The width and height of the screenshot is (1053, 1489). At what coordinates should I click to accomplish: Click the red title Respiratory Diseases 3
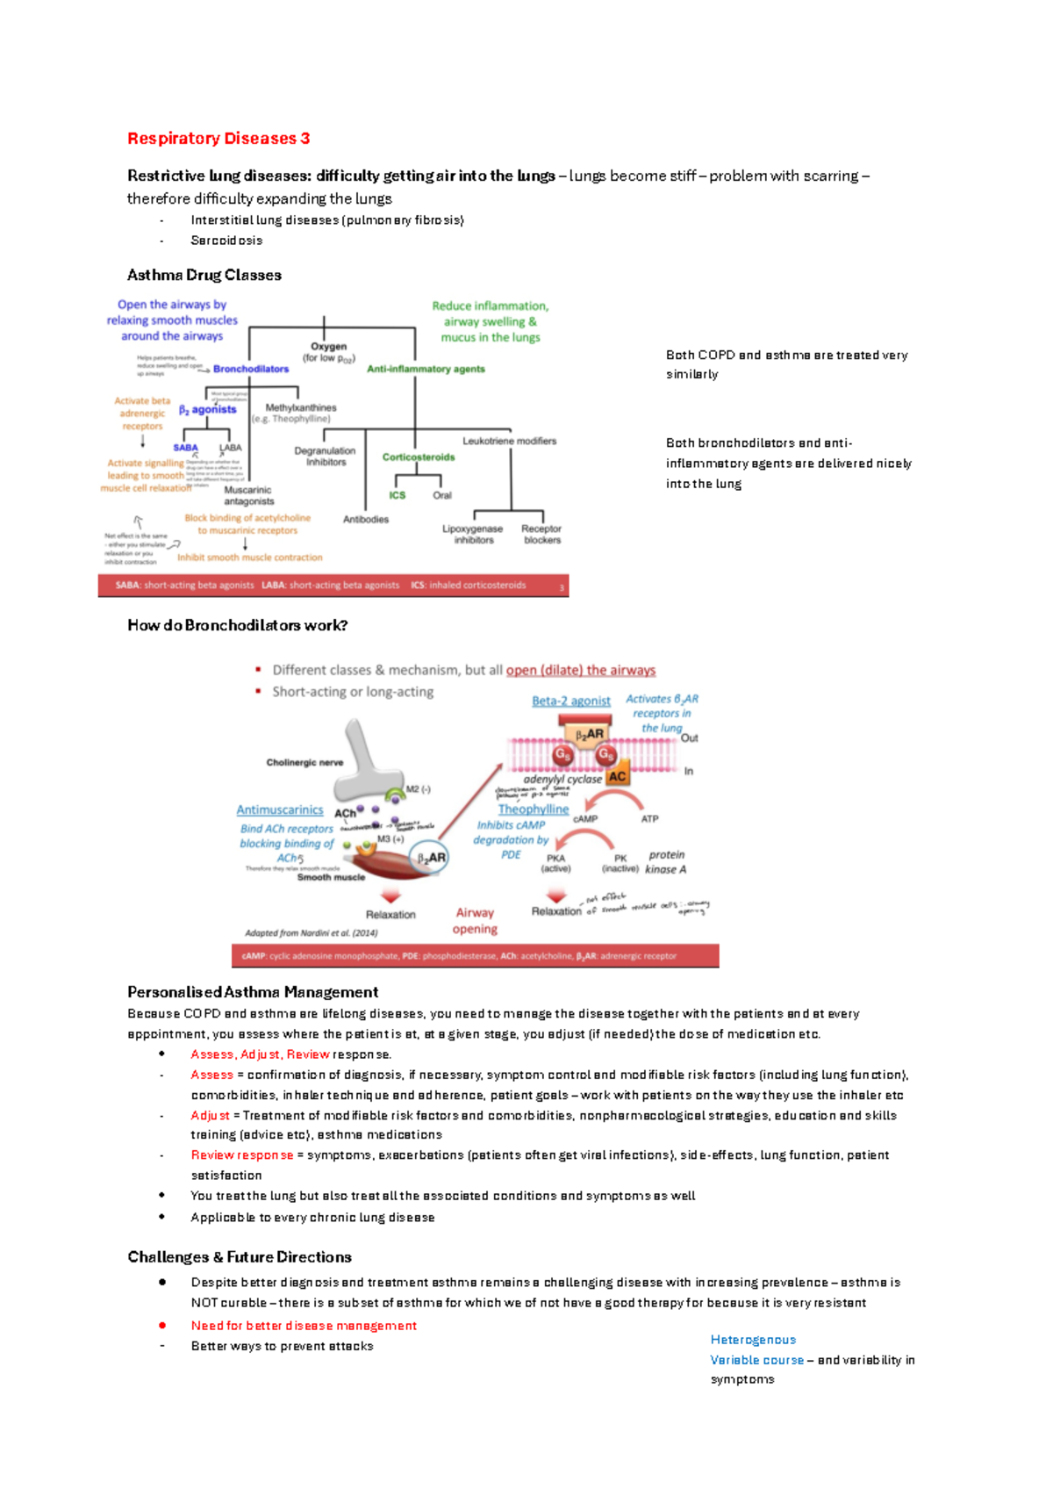tap(218, 139)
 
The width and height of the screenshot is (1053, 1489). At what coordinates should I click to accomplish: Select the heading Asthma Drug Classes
tap(204, 275)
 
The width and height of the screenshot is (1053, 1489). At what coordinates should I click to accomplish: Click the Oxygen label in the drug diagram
tap(328, 347)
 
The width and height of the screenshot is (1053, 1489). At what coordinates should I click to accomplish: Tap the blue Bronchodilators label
tap(250, 369)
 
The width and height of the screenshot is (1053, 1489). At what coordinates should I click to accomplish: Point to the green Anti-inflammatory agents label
tap(426, 369)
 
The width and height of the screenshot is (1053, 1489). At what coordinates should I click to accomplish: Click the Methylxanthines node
tap(301, 407)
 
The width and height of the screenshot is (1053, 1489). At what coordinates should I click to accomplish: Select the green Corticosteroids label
tap(419, 457)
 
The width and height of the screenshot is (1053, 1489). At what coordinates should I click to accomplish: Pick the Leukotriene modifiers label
tap(509, 441)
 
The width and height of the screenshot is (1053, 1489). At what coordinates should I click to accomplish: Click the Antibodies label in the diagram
tap(365, 520)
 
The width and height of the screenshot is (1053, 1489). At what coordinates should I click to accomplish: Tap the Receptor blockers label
tap(541, 534)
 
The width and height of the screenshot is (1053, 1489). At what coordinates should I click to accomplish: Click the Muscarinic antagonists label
tap(248, 495)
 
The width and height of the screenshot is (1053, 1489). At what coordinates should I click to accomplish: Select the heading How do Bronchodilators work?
tap(237, 625)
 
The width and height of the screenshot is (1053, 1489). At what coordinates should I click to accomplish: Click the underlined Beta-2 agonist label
tap(570, 701)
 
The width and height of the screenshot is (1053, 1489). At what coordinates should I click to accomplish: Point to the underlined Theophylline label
tap(533, 809)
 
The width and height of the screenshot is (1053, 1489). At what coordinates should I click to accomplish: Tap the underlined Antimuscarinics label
tap(279, 810)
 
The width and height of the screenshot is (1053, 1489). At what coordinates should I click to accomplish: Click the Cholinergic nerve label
tap(304, 762)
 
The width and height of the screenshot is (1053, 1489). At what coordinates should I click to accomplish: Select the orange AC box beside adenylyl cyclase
tap(617, 776)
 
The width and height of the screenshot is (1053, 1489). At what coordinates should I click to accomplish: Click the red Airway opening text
tap(475, 920)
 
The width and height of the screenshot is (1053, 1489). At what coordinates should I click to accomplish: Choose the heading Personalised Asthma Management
tap(252, 992)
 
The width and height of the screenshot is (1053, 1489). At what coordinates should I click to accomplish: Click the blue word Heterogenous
tap(753, 1340)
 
